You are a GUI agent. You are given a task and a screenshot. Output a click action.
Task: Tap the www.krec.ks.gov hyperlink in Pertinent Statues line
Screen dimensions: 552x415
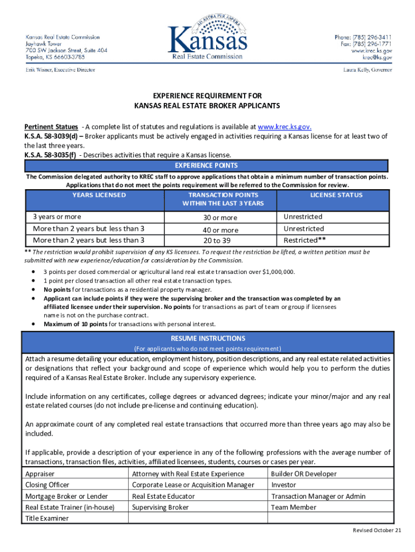[285, 127]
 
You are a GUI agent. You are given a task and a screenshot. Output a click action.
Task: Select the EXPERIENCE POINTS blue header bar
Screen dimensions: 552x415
[207, 165]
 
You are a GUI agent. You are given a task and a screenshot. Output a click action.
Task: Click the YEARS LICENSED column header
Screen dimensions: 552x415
[99, 195]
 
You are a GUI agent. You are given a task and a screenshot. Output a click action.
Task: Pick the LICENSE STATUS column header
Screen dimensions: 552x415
[336, 195]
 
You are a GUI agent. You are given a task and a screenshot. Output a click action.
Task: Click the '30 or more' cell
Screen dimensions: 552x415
[220, 218]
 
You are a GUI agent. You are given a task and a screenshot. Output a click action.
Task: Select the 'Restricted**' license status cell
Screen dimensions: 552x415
[305, 240]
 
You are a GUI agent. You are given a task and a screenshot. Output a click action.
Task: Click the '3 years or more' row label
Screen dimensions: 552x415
[57, 217]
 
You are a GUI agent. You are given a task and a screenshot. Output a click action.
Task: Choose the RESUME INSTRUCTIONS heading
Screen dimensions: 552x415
[207, 339]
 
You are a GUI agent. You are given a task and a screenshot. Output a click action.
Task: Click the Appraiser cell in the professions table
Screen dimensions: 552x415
[40, 474]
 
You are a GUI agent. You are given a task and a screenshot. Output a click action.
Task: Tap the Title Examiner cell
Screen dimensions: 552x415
[47, 519]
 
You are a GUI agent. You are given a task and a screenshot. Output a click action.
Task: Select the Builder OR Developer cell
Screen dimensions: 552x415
[304, 474]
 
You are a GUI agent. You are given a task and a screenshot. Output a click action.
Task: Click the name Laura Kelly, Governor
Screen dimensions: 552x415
[368, 70]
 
